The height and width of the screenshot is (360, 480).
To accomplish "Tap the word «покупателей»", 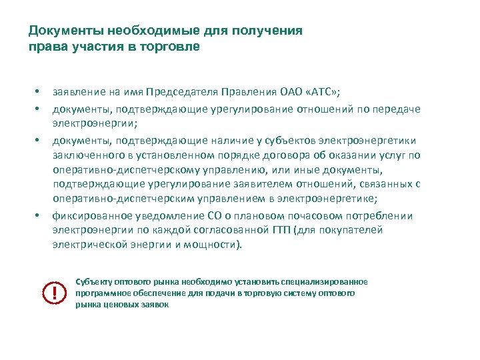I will [x=353, y=230].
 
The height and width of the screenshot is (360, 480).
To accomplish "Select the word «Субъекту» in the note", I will [x=95, y=282].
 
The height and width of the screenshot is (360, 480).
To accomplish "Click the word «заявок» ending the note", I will [x=155, y=305].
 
